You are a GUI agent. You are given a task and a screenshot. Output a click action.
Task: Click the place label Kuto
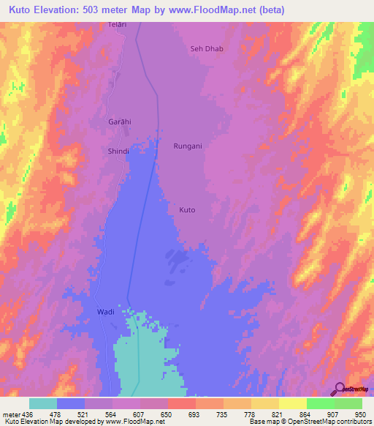click(187, 210)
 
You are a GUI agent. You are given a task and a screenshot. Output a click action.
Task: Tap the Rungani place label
click(188, 146)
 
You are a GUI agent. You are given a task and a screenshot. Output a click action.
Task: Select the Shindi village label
click(119, 152)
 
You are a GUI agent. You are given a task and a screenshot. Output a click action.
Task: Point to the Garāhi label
click(119, 122)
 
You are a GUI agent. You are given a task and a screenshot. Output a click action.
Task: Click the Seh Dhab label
click(206, 49)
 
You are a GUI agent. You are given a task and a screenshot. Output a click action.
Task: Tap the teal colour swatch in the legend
click(43, 403)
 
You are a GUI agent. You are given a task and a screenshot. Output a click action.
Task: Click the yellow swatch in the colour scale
click(292, 403)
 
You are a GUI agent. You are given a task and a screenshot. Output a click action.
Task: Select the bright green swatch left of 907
click(320, 403)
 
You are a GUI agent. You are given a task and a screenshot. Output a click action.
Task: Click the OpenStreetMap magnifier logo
click(337, 388)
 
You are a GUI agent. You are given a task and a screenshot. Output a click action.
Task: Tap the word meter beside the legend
click(12, 414)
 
